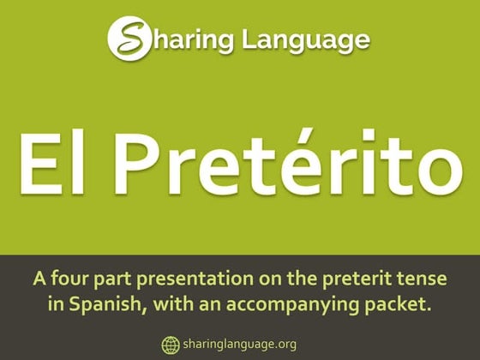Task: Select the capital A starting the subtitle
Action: [x=39, y=279]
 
